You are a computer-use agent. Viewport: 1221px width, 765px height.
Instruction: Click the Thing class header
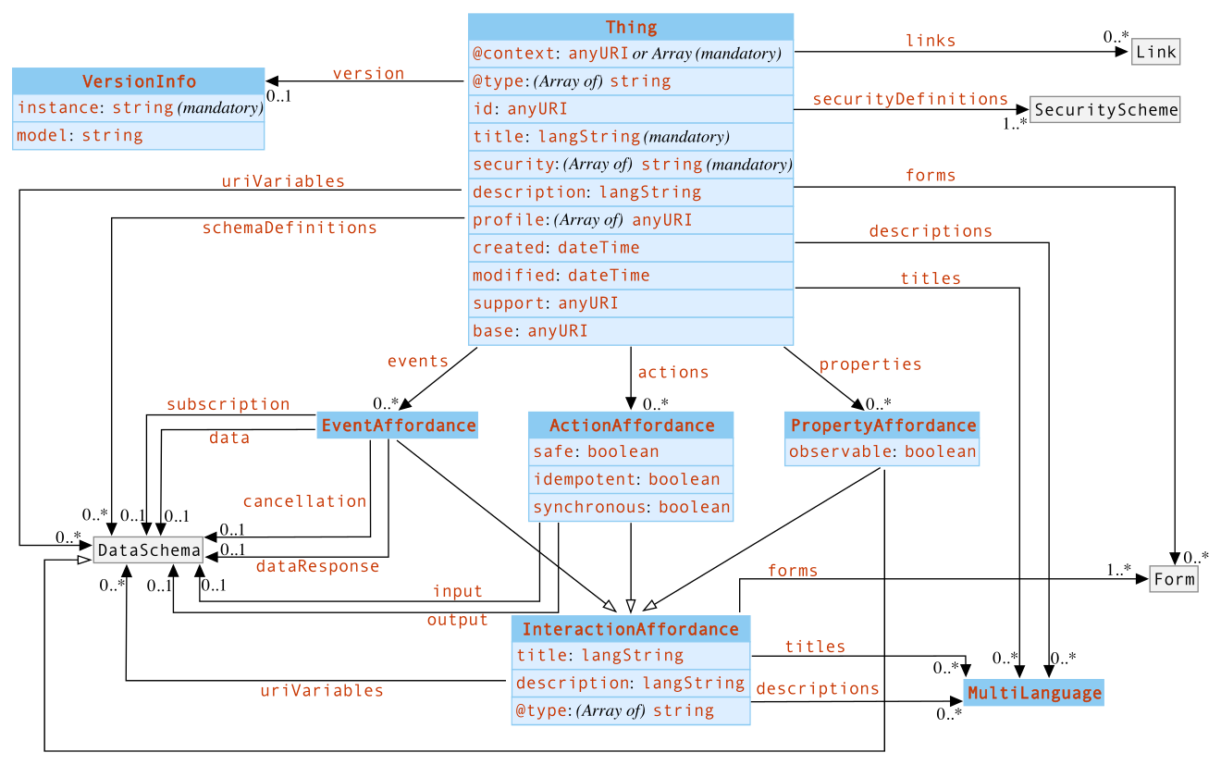tap(631, 27)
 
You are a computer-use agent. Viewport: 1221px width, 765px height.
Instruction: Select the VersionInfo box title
tap(139, 81)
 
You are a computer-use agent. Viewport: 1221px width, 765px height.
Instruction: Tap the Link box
tap(1155, 52)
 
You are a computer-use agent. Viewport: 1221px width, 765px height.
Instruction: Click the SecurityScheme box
tap(1104, 110)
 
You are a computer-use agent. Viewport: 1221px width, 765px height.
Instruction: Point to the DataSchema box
tap(148, 550)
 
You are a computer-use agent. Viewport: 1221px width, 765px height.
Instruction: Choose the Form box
tap(1173, 580)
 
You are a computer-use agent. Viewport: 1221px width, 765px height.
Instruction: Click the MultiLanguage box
tap(1033, 693)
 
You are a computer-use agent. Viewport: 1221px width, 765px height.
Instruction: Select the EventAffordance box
tap(397, 426)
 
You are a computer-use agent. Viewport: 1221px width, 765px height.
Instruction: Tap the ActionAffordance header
tap(631, 426)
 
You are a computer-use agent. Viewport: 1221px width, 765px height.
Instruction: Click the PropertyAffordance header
tap(882, 426)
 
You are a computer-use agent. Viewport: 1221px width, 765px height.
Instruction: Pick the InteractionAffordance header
tap(630, 629)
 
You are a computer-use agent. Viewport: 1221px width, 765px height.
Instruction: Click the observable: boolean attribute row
tap(882, 452)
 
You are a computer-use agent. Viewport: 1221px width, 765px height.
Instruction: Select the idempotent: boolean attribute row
tap(631, 480)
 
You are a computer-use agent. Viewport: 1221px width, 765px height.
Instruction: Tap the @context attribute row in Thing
tap(631, 54)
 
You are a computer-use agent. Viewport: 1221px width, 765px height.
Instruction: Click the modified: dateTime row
tap(631, 276)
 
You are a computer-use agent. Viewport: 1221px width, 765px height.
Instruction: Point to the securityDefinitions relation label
tap(909, 99)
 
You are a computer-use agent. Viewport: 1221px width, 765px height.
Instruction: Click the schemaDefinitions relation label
tap(290, 228)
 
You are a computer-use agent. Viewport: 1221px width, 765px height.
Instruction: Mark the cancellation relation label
tap(304, 501)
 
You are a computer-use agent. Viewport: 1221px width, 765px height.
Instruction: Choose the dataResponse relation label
tap(317, 566)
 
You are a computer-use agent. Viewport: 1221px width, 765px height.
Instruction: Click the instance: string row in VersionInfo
tap(139, 108)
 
